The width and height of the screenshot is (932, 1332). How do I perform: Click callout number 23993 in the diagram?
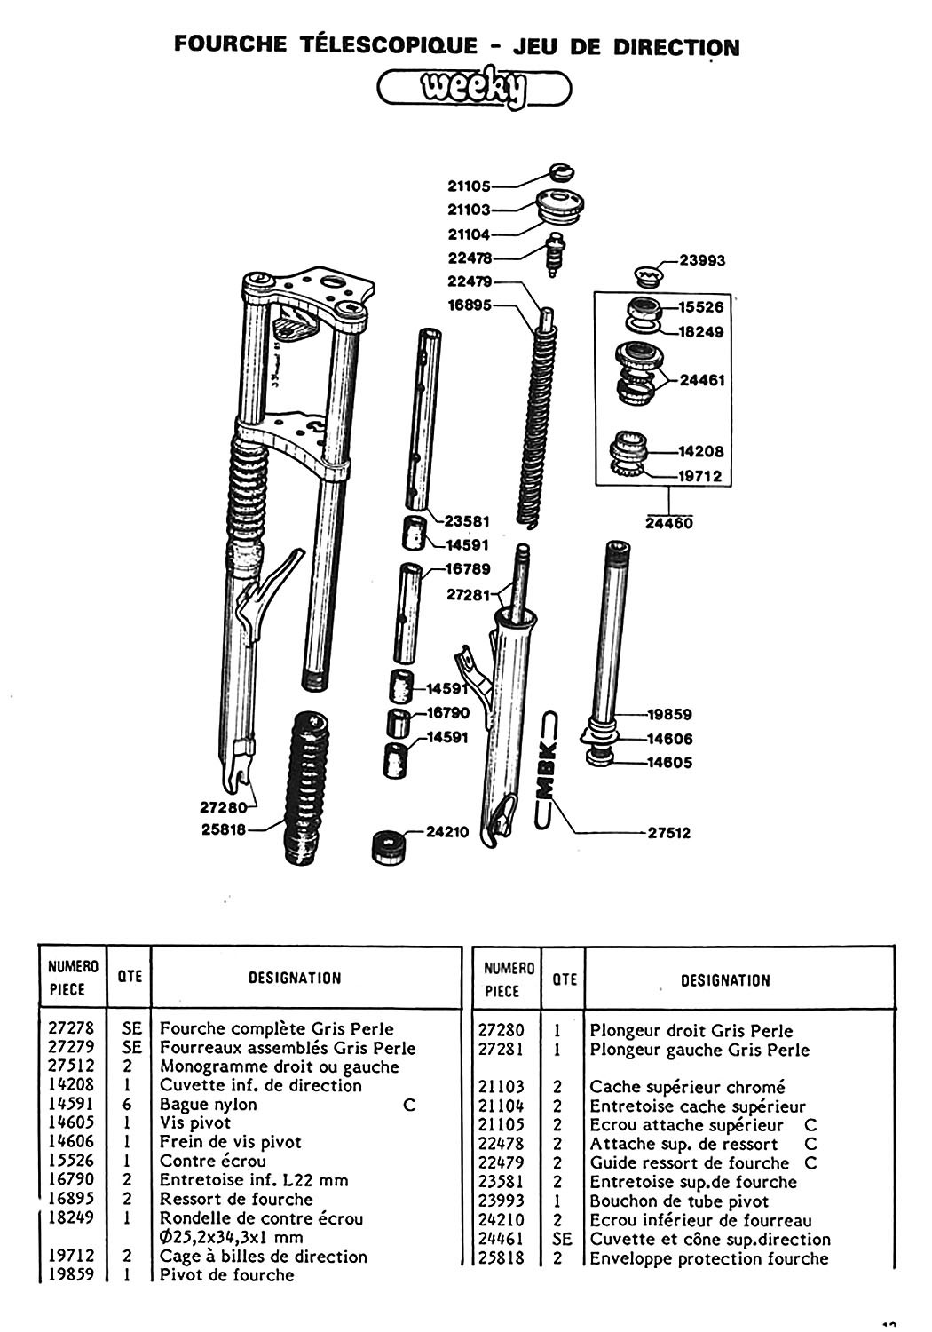tap(702, 260)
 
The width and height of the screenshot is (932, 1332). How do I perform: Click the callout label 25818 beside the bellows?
tap(225, 831)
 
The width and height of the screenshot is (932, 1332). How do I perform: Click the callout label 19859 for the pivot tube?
tap(668, 714)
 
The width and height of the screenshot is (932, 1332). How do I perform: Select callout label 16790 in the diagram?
tap(447, 712)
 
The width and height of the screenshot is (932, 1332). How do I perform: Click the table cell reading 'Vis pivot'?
tap(195, 1123)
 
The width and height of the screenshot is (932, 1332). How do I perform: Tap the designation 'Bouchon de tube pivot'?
tap(679, 1201)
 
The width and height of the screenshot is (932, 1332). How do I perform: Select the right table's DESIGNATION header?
tap(725, 980)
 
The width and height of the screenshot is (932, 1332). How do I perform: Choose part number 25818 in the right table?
tap(502, 1258)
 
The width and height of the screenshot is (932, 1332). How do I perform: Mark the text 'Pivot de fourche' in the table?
tap(226, 1275)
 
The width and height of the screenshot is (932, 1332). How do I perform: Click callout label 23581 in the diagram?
tap(467, 521)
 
